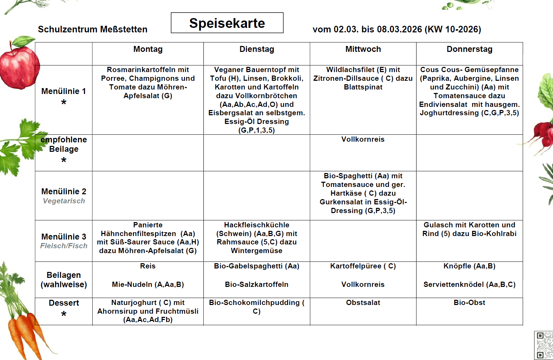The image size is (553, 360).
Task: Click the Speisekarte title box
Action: [227, 23]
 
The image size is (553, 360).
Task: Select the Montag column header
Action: [148, 49]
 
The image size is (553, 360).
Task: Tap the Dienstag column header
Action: [257, 49]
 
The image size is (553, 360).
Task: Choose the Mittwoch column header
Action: [363, 49]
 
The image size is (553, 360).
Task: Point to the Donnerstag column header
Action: [469, 49]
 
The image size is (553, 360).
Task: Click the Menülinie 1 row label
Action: [64, 91]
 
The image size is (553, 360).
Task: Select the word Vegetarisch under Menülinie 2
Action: [64, 201]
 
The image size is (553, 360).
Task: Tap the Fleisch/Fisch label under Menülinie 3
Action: [64, 246]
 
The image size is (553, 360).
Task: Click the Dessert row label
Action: [64, 303]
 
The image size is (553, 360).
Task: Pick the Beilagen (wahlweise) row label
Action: [64, 280]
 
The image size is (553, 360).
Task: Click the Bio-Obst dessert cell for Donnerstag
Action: [469, 303]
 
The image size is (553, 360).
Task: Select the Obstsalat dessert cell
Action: [363, 303]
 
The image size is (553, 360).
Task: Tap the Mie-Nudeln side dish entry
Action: [148, 284]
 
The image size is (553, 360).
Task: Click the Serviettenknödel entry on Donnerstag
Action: [469, 284]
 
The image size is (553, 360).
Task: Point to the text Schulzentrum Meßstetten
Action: [93, 29]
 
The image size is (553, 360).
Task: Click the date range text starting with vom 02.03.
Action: [397, 29]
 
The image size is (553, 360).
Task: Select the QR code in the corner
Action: [544, 345]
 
